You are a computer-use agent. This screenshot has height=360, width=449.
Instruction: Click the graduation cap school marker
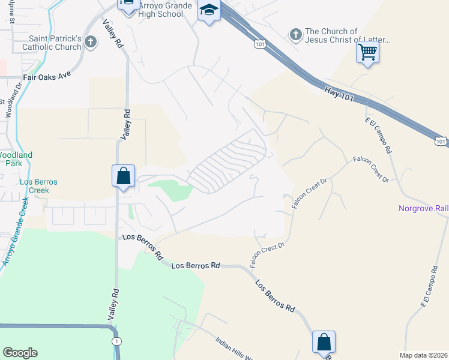coord(209,11)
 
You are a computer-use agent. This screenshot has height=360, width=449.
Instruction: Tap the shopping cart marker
coord(367,52)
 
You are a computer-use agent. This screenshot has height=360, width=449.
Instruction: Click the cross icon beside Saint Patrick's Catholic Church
coord(91,42)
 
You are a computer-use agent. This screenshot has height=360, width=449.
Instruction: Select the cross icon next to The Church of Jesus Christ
coord(295,35)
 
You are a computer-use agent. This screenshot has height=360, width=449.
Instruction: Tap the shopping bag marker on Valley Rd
coord(123,176)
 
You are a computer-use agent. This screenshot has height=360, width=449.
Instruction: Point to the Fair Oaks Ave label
coord(47,77)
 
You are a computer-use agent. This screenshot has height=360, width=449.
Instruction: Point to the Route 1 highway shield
coord(116,341)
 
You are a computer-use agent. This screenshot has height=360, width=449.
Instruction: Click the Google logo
coord(20,353)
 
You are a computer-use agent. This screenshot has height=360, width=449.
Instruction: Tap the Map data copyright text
coord(423,355)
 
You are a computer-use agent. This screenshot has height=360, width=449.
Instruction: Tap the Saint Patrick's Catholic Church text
coord(51,42)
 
